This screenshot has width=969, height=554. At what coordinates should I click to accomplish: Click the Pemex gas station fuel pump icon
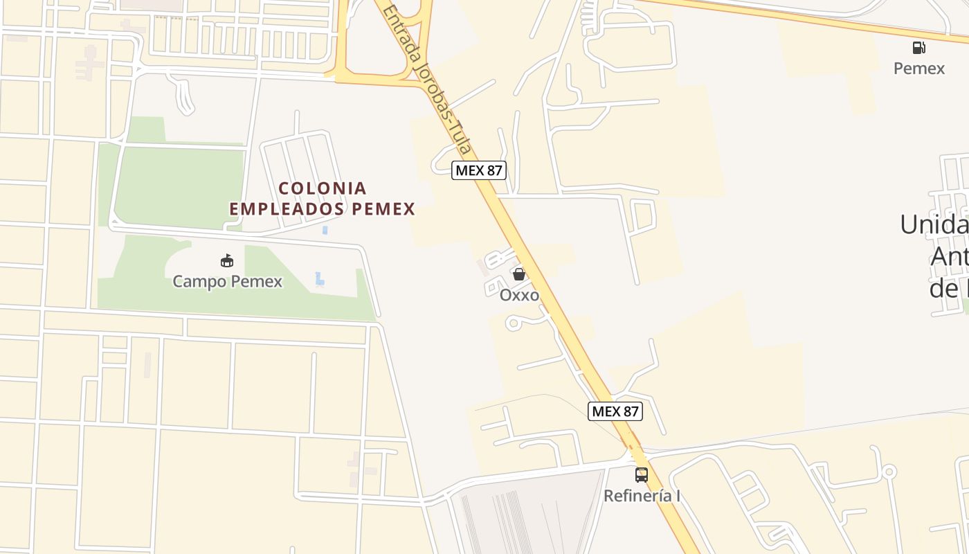tap(918, 48)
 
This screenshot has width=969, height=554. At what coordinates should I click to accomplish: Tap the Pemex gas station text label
tap(918, 68)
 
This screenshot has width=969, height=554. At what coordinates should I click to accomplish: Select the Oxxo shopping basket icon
tap(519, 274)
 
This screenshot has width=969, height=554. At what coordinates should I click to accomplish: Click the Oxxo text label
tap(519, 294)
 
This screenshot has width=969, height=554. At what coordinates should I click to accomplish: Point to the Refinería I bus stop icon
tap(642, 475)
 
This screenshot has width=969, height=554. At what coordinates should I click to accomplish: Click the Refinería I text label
tap(642, 496)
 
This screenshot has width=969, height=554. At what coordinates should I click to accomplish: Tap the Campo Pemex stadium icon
tap(227, 261)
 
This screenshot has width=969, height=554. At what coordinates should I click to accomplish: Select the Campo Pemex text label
tap(227, 281)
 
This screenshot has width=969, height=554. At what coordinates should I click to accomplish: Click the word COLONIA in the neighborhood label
tap(323, 188)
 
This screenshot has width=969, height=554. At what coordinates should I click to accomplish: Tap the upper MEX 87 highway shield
tap(479, 170)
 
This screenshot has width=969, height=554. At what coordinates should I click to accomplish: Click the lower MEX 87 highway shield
tap(615, 411)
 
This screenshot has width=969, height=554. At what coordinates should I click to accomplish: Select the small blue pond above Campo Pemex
tap(325, 230)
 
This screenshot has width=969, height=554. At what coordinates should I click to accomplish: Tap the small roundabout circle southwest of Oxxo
tap(513, 323)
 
